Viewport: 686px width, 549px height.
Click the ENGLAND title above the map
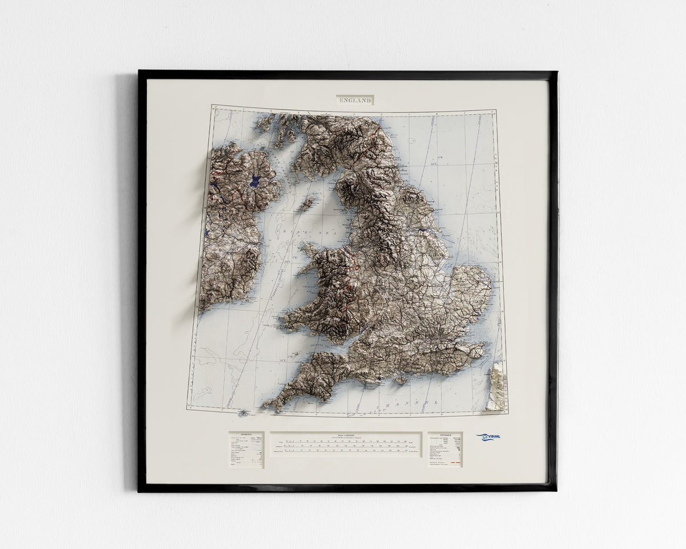pyautogui.click(x=354, y=100)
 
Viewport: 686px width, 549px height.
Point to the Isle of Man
pyautogui.click(x=307, y=202)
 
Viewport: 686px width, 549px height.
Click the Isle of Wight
pyautogui.click(x=398, y=379)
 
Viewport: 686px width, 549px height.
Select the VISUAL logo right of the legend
pyautogui.click(x=488, y=437)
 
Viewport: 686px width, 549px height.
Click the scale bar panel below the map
pyautogui.click(x=346, y=444)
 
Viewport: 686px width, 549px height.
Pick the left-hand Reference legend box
pyautogui.click(x=246, y=449)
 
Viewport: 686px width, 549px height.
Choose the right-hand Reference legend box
pyautogui.click(x=445, y=449)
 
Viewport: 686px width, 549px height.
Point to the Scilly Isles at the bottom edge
pyautogui.click(x=244, y=412)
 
